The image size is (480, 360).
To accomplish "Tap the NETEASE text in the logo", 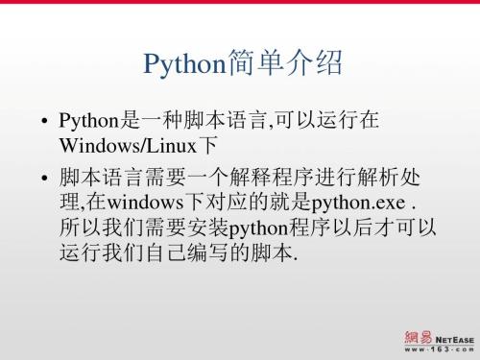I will pyautogui.click(x=455, y=337).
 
